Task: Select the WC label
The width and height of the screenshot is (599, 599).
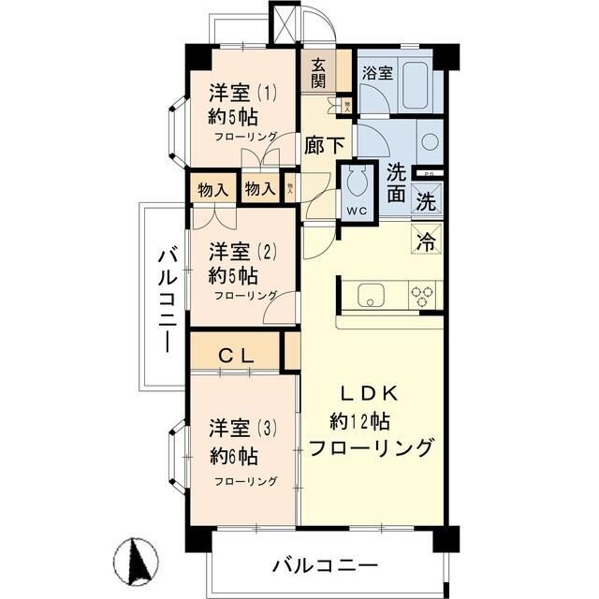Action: click(356, 210)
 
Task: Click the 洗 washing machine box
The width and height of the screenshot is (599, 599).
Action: click(425, 200)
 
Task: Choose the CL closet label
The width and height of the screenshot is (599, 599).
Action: click(234, 355)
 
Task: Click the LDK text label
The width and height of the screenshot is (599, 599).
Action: click(367, 393)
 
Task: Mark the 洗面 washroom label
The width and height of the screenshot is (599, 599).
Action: click(396, 183)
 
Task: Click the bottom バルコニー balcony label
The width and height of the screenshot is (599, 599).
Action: click(325, 565)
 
